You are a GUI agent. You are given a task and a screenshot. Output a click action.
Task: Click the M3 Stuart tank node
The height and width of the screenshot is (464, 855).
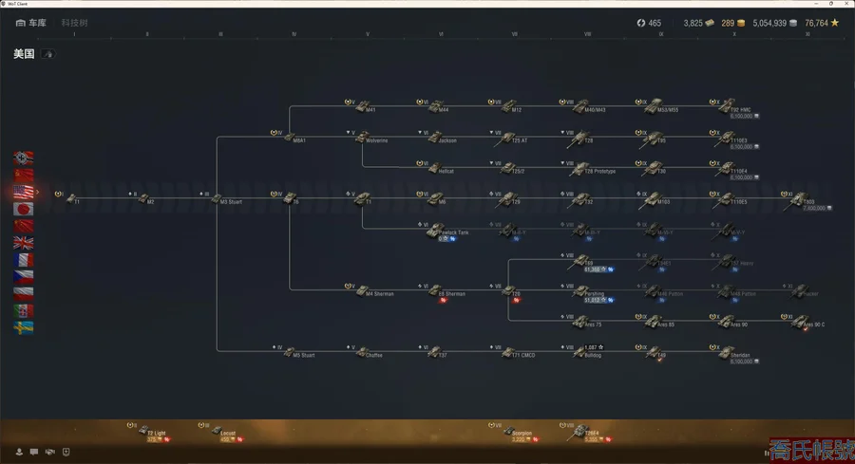(x=218, y=199)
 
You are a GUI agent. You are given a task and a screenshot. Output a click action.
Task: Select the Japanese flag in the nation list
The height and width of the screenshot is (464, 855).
(x=25, y=209)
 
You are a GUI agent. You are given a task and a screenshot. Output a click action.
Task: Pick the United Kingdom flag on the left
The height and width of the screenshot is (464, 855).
(x=25, y=243)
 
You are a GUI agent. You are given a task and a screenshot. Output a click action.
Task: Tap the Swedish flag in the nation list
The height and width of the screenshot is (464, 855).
(x=25, y=328)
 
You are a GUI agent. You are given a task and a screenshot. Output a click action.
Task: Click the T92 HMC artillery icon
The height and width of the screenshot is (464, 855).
(x=722, y=107)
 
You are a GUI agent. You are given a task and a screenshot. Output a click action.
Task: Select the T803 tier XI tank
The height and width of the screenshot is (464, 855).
(x=795, y=199)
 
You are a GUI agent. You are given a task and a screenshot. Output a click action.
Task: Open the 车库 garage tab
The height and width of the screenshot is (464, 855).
(x=31, y=22)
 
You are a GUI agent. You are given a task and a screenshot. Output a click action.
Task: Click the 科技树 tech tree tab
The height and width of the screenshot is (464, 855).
(x=74, y=22)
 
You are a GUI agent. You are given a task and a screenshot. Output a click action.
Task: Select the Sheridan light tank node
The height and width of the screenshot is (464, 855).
(x=722, y=353)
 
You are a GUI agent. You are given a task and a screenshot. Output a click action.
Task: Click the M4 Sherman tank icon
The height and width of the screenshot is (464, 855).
(x=358, y=291)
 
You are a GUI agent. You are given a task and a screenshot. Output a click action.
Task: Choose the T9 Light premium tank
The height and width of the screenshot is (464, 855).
(x=142, y=432)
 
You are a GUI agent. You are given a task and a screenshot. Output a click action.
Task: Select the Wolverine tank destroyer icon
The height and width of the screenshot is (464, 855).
(x=358, y=139)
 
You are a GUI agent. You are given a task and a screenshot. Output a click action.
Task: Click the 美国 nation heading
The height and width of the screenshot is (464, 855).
(x=24, y=54)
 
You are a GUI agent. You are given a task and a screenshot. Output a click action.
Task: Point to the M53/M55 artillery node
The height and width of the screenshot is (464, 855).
(x=649, y=107)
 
